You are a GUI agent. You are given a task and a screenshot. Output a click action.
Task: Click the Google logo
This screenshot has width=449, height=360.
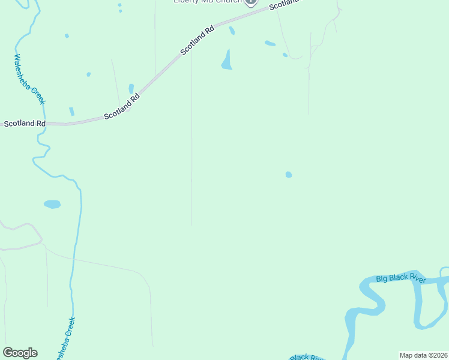point(20,353)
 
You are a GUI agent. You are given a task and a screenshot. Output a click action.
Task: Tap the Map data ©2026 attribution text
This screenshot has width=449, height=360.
point(423,355)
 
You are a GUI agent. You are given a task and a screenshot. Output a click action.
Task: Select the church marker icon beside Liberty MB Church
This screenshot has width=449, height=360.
point(251,2)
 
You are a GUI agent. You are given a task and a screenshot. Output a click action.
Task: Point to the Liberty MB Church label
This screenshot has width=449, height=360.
point(207,2)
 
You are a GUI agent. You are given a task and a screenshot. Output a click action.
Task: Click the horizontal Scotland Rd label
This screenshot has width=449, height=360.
point(25,124)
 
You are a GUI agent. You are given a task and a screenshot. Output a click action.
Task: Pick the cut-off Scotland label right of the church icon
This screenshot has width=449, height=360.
point(283,5)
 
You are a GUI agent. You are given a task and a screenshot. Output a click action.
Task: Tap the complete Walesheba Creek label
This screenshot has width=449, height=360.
point(29,79)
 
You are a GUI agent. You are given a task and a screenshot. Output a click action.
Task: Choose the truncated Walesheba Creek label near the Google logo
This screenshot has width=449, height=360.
point(65,339)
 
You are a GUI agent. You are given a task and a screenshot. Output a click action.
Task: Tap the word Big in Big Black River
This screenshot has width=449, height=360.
point(382,279)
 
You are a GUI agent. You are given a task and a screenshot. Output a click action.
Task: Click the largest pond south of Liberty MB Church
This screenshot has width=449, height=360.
point(226,61)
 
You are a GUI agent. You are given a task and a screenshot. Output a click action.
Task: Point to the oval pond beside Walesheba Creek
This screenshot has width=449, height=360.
point(52,204)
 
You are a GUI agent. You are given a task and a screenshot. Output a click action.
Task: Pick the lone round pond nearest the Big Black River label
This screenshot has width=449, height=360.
point(289,175)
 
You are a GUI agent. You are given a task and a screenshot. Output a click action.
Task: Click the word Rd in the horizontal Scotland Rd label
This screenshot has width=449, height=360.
point(41,124)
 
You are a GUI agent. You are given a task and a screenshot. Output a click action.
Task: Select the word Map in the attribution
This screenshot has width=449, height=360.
point(406,355)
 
